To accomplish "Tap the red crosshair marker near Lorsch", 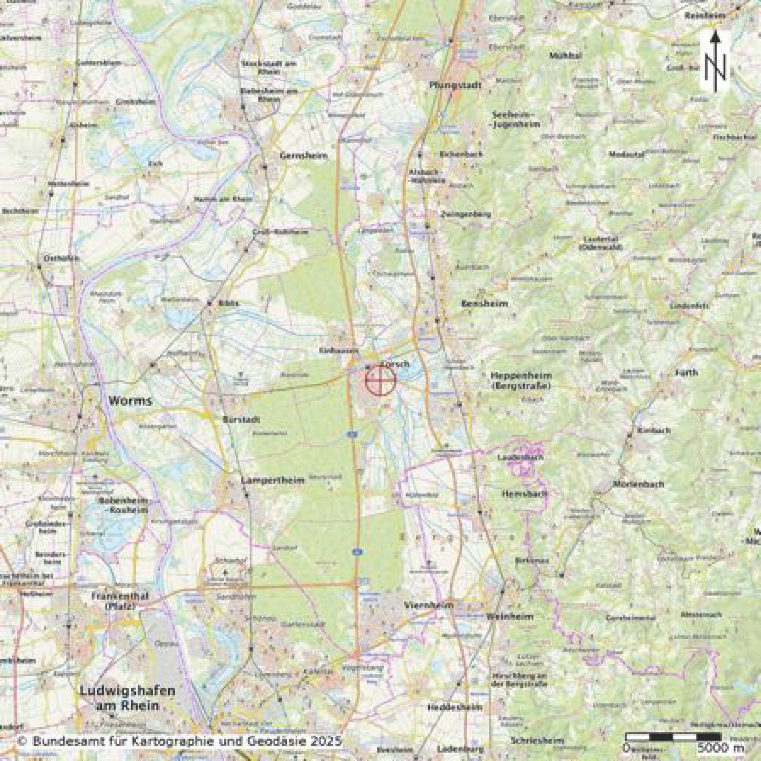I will click(x=380, y=380).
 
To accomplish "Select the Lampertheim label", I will click(x=273, y=480).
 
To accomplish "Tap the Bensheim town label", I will click(x=484, y=304).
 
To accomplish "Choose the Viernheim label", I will click(x=428, y=605).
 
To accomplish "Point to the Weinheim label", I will click(x=510, y=616).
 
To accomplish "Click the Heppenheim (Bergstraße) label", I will click(x=521, y=380).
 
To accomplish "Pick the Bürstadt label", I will click(x=241, y=420).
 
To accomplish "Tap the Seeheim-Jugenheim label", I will click(x=516, y=119).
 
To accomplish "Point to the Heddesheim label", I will click(x=455, y=707).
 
